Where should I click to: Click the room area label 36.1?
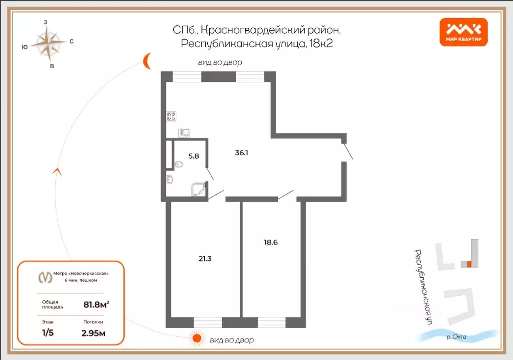tap(242, 153)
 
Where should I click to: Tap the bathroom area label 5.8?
tap(193, 156)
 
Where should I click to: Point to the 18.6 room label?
tap(271, 242)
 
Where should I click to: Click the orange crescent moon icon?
tap(147, 61)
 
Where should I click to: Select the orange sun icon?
tap(197, 338)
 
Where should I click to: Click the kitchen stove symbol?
tap(172, 116)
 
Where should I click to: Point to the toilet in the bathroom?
tap(179, 164)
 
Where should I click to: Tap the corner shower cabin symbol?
tap(198, 189)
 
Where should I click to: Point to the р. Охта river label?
tap(456, 337)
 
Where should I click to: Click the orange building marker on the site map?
tap(469, 264)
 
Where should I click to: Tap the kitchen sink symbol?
tap(184, 133)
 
